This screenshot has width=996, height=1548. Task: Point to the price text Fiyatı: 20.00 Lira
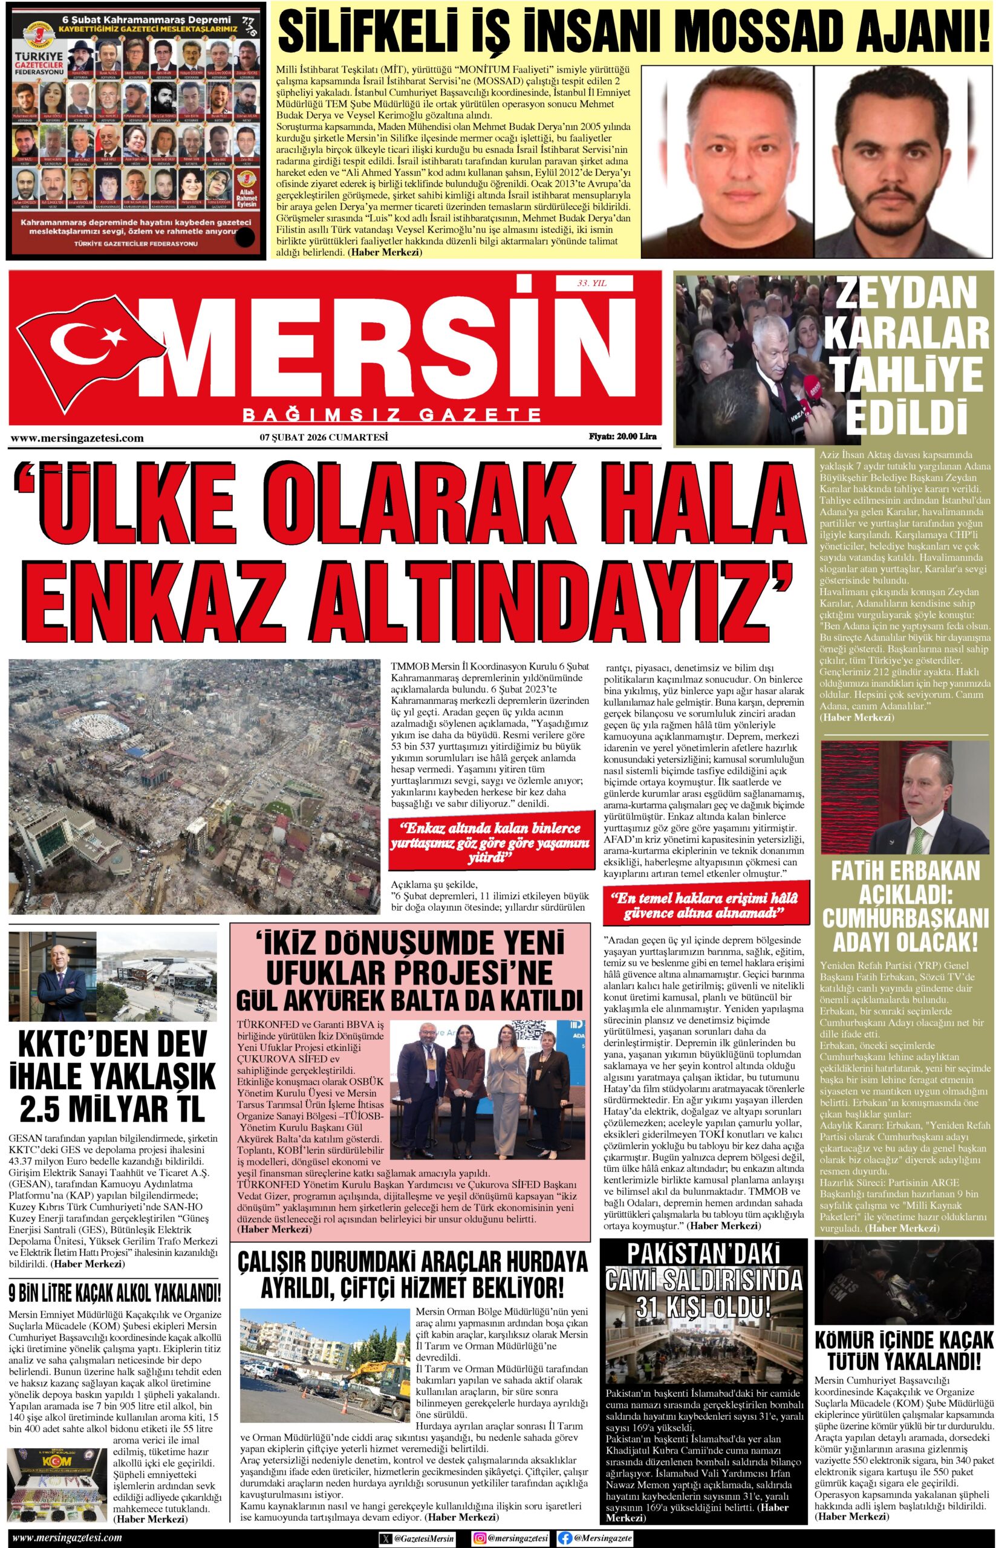click(622, 437)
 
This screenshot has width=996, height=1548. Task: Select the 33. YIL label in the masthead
click(592, 283)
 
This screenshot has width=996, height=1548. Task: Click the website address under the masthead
click(77, 438)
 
